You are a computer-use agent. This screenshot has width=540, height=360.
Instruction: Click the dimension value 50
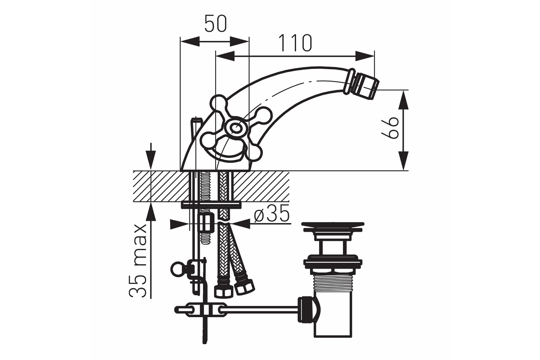216,24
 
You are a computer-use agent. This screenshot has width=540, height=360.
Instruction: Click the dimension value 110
295,43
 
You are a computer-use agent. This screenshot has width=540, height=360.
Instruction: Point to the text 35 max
138,261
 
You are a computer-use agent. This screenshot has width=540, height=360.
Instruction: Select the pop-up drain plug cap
333,226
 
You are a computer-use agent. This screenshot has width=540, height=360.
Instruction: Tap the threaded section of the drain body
333,287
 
